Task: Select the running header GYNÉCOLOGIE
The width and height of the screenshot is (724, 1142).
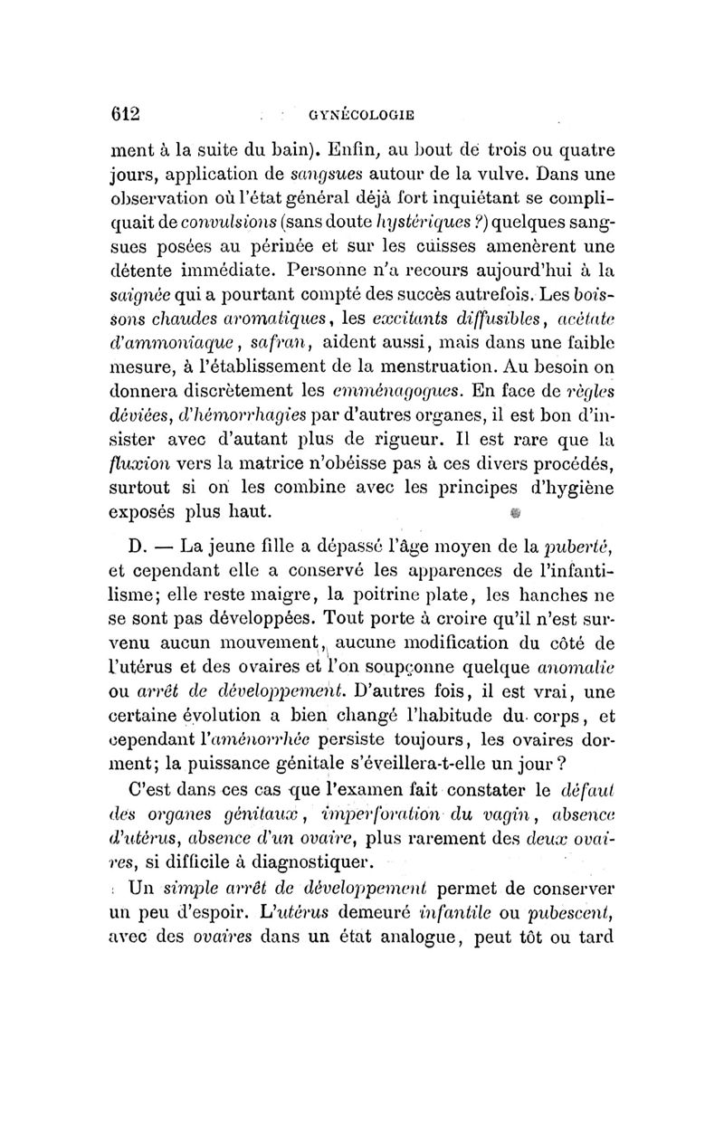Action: click(362, 115)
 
